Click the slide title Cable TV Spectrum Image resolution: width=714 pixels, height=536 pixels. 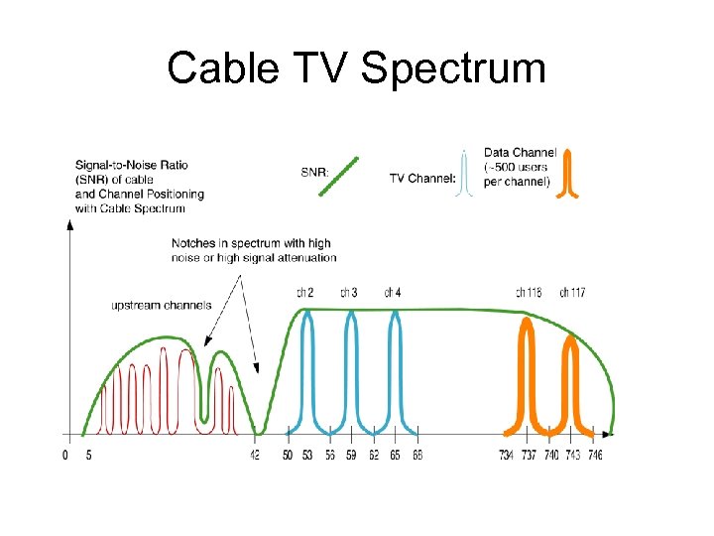pyautogui.click(x=356, y=68)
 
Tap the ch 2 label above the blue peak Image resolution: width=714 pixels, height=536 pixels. pyautogui.click(x=305, y=292)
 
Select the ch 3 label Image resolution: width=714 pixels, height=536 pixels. pyautogui.click(x=349, y=292)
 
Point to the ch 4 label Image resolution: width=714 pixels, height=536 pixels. pyautogui.click(x=393, y=292)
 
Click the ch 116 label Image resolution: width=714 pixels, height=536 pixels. pyautogui.click(x=529, y=292)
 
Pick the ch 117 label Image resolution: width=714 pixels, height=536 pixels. pyautogui.click(x=572, y=292)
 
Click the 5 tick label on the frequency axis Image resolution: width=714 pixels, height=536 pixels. pyautogui.click(x=88, y=455)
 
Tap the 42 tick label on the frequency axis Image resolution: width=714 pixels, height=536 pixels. pyautogui.click(x=256, y=455)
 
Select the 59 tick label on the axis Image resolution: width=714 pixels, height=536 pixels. pyautogui.click(x=351, y=455)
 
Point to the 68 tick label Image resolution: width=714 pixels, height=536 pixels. pyautogui.click(x=417, y=455)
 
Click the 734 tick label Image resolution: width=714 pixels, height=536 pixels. pyautogui.click(x=507, y=455)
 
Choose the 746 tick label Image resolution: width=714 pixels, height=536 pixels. pyautogui.click(x=594, y=455)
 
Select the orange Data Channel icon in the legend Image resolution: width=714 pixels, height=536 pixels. pyautogui.click(x=570, y=175)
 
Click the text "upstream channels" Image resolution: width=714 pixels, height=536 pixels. pyautogui.click(x=161, y=305)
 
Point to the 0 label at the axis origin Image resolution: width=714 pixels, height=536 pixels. pyautogui.click(x=65, y=455)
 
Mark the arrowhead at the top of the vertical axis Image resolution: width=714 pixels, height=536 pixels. pyautogui.click(x=69, y=224)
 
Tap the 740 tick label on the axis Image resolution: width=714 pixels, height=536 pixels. pyautogui.click(x=550, y=455)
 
